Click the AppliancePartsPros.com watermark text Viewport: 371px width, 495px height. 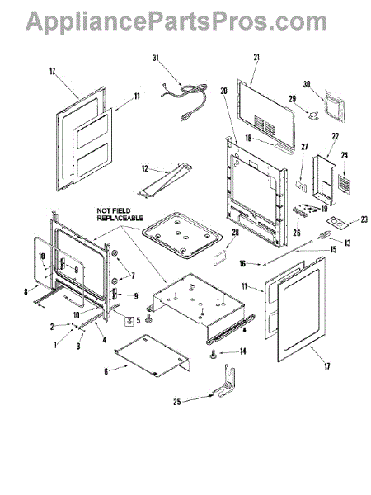click(176, 23)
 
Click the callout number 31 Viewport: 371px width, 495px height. click(156, 58)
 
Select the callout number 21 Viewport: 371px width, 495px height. click(256, 57)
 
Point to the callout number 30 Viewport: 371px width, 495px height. click(307, 84)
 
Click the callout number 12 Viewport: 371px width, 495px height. click(145, 169)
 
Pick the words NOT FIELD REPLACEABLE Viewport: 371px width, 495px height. click(120, 214)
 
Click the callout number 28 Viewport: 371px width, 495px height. click(235, 233)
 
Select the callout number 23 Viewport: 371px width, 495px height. click(364, 219)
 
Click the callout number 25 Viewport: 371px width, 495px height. click(177, 402)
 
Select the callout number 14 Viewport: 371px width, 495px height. click(242, 351)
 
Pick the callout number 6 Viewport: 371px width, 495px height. click(106, 371)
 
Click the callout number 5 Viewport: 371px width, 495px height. click(138, 320)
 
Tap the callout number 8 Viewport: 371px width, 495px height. click(26, 292)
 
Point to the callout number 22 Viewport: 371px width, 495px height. click(335, 136)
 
